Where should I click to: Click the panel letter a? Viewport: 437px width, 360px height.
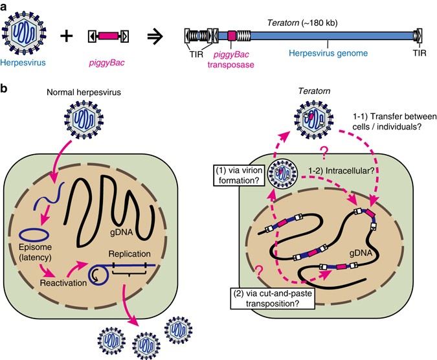pyautogui.click(x=5, y=6)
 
